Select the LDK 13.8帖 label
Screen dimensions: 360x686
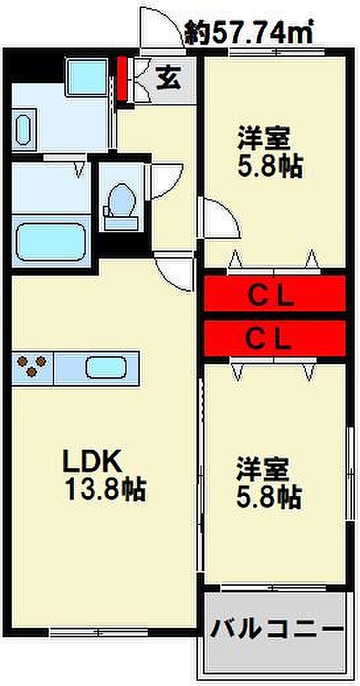pos(104,476)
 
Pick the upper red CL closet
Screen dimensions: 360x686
pos(275,293)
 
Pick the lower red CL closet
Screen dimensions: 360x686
pos(275,338)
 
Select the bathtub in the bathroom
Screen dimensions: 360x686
pos(51,241)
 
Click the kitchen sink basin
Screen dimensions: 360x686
pos(106,367)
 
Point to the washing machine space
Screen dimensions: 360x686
pos(87,77)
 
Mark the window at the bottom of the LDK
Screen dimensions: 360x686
pos(98,632)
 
